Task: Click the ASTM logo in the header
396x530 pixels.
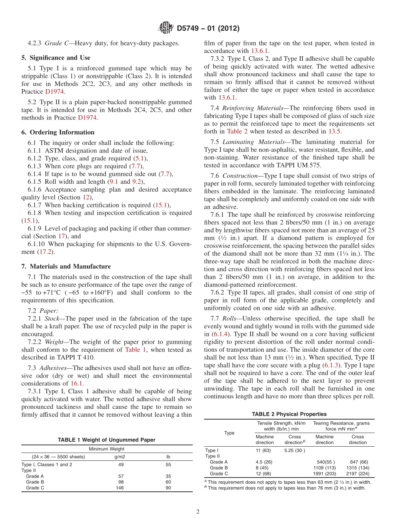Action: click(x=166, y=28)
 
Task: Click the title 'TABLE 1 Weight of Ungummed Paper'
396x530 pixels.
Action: click(x=106, y=440)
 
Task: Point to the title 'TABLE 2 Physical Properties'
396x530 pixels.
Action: click(x=289, y=414)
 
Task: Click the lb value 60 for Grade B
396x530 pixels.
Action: click(x=168, y=482)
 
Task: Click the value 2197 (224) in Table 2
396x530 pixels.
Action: click(x=357, y=474)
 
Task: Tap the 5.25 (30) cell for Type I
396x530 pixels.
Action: click(x=294, y=450)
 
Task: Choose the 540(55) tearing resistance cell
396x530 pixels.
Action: click(x=324, y=462)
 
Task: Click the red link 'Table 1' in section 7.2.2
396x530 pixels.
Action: click(x=135, y=350)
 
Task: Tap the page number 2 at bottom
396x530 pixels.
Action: click(x=198, y=512)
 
